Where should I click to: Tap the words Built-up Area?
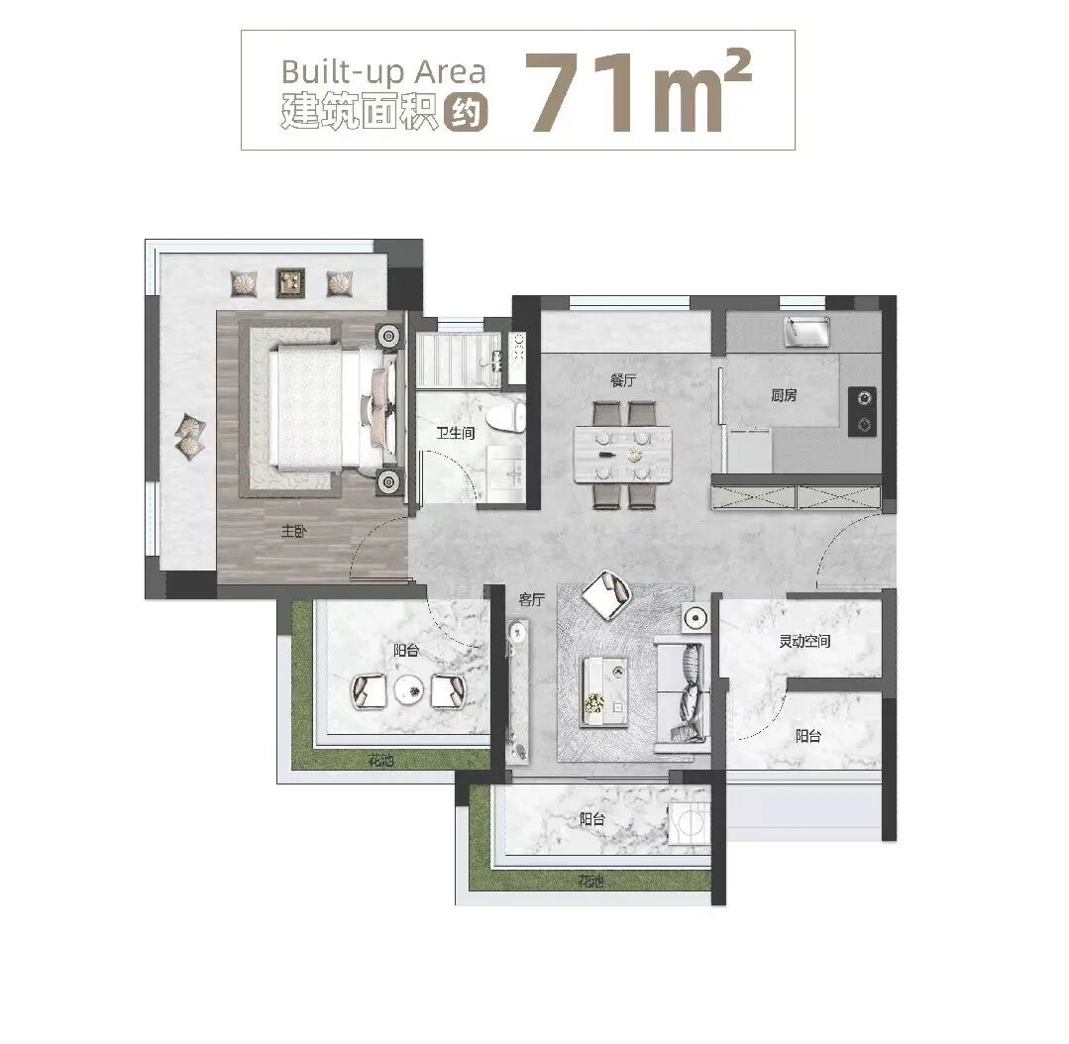click(382, 71)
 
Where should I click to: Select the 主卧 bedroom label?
click(294, 531)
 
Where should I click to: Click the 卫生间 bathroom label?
click(457, 433)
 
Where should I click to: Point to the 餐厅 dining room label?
click(623, 379)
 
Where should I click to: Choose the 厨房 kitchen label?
click(784, 395)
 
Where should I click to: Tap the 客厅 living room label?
click(532, 599)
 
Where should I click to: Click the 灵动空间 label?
click(803, 641)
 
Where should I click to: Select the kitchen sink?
click(806, 332)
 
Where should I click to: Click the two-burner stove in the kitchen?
click(863, 411)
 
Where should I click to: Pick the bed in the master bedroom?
click(327, 407)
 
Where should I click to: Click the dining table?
click(622, 455)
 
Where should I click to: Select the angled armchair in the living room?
click(605, 595)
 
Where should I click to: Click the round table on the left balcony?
click(407, 689)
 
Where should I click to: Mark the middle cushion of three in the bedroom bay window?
click(289, 283)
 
